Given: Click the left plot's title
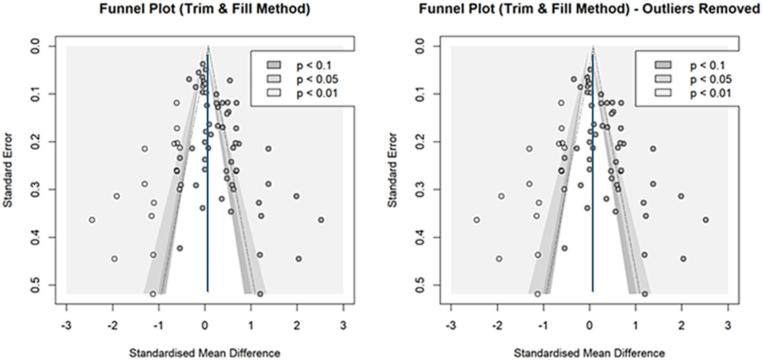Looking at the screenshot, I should click(205, 10).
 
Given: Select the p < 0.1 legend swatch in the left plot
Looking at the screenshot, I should click(274, 65).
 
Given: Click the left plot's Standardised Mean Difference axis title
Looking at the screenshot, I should click(205, 353).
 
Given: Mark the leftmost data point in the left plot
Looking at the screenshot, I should click(92, 220).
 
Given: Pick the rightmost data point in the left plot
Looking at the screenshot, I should click(321, 220).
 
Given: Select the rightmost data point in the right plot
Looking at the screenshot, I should click(706, 220).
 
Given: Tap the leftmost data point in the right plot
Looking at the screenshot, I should click(477, 220).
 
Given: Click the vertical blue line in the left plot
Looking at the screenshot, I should click(207, 199).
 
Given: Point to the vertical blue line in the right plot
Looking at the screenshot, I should click(593, 199).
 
